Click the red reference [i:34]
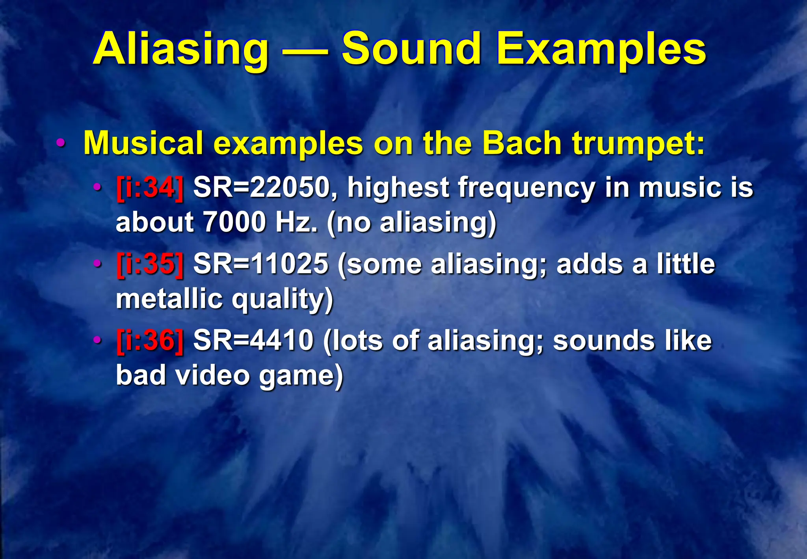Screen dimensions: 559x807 point(150,188)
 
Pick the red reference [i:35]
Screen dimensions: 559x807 point(150,264)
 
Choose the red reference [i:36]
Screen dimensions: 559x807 point(150,341)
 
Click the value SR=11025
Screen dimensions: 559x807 point(261,264)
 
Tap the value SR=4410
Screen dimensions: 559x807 point(253,341)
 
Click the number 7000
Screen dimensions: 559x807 point(235,222)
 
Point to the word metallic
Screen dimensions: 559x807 point(169,298)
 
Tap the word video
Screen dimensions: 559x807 point(212,375)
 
